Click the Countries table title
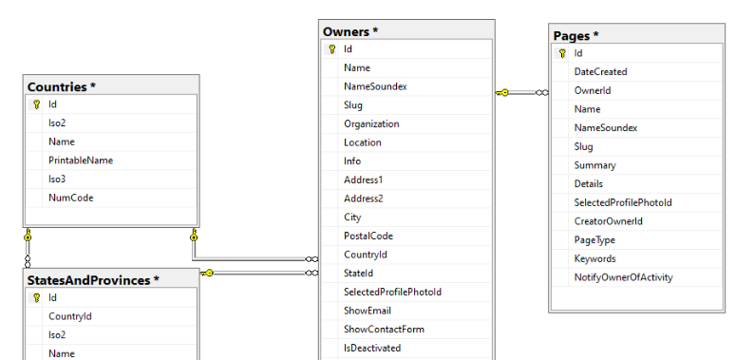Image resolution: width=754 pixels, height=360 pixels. (x=62, y=87)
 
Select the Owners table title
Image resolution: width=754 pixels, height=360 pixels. (x=350, y=31)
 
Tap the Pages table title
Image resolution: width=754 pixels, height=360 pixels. (x=576, y=35)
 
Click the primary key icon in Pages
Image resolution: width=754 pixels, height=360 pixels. (x=562, y=53)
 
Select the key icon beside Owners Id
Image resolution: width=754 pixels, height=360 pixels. (x=331, y=49)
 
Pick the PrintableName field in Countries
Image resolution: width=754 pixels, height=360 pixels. (x=81, y=161)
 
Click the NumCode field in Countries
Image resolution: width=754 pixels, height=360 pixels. (x=70, y=198)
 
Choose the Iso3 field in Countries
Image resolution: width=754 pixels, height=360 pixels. (x=57, y=179)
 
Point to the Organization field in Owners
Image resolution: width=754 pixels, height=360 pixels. (x=371, y=123)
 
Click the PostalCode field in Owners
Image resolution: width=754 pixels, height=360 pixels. (x=368, y=236)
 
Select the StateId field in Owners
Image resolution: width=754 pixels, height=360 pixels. (x=358, y=274)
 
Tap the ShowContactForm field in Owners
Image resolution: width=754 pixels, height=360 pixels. (x=384, y=330)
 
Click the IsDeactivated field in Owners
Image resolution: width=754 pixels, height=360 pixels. (x=372, y=348)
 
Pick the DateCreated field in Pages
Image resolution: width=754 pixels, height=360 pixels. (x=600, y=71)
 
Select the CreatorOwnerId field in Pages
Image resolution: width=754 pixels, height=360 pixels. (x=609, y=221)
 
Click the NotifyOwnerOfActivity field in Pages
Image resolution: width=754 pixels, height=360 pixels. (x=623, y=277)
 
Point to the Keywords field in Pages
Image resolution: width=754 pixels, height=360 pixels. (x=594, y=259)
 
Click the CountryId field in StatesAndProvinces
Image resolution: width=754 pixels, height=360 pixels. (x=70, y=316)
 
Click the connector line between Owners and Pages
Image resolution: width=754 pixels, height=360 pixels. (x=521, y=92)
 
